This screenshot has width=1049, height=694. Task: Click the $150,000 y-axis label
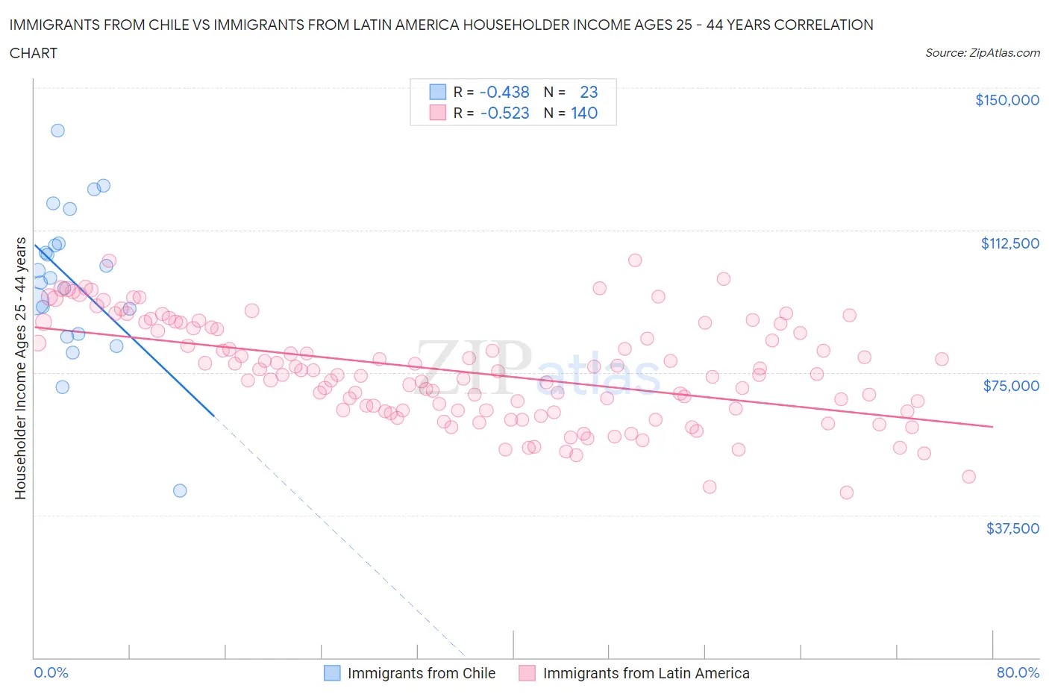1006,100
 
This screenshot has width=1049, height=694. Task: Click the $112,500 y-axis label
1009,243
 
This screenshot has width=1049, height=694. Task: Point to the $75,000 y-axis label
1011,386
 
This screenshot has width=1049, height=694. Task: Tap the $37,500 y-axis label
1012,528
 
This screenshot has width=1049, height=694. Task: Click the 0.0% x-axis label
51,672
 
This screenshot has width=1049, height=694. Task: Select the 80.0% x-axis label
1018,672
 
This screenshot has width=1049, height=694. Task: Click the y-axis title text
20,369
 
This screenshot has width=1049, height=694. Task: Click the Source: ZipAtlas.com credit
982,53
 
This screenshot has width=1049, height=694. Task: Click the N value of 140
584,113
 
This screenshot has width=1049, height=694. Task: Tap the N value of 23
589,92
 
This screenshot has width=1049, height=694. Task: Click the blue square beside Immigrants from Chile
332,673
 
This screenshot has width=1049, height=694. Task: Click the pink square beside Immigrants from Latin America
527,673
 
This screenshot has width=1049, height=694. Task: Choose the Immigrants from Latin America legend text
646,673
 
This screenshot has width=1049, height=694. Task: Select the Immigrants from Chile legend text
422,673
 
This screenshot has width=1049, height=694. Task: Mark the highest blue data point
57,131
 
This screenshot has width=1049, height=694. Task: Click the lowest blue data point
180,490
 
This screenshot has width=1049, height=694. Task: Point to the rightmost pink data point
968,476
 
